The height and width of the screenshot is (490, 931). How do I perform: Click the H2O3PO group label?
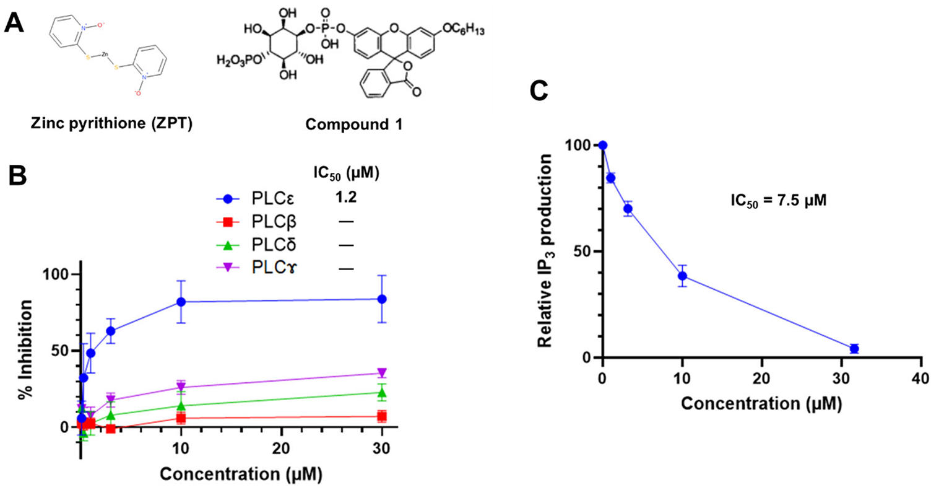click(x=239, y=59)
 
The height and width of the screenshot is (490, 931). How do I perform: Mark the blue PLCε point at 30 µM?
click(x=382, y=299)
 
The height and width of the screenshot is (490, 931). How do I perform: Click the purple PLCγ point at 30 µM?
click(x=382, y=373)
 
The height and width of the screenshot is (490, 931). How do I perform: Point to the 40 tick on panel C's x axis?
click(x=920, y=378)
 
